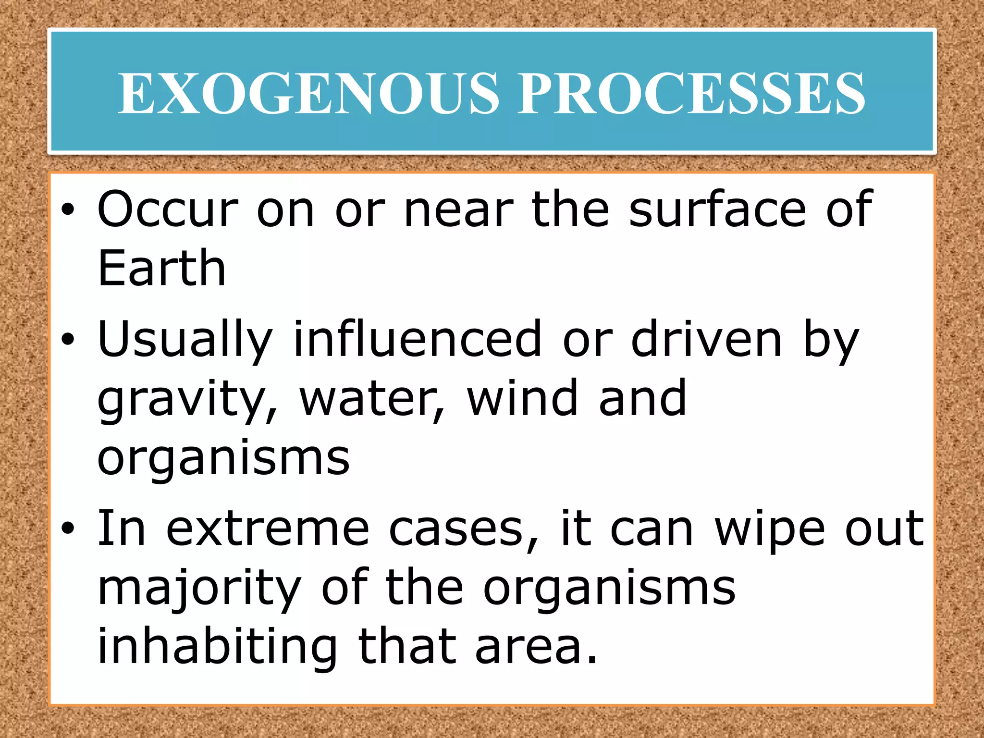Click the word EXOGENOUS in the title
(x=309, y=93)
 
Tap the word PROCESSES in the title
(x=691, y=93)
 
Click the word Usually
(x=185, y=340)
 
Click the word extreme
(x=268, y=529)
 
